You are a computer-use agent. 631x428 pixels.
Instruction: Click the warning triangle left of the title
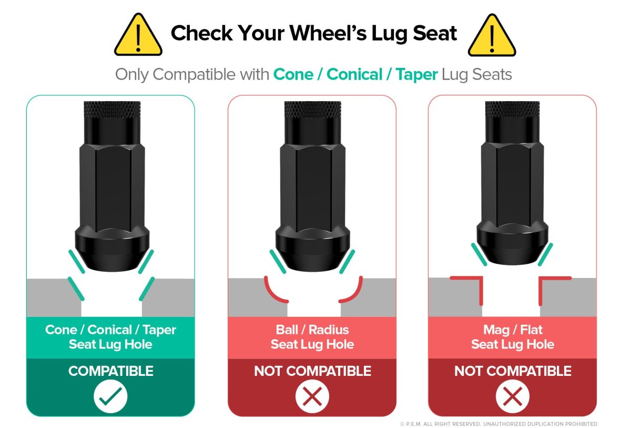(x=138, y=35)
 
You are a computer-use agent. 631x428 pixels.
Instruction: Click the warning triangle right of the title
(x=492, y=36)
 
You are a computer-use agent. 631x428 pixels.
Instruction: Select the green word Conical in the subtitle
(x=354, y=74)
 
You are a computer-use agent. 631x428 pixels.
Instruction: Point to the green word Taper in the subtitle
(x=416, y=75)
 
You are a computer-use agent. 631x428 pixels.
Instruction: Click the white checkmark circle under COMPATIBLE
(x=110, y=396)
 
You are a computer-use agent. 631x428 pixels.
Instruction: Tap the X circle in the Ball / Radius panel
(x=312, y=396)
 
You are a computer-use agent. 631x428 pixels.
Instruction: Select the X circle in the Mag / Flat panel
(x=512, y=396)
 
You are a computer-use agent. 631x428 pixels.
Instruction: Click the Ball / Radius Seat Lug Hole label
(x=312, y=337)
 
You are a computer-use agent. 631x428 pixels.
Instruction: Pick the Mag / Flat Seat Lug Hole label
(x=513, y=337)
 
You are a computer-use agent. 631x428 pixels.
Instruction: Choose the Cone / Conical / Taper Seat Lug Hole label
(x=110, y=337)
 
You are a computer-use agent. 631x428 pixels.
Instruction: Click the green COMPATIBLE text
(x=111, y=371)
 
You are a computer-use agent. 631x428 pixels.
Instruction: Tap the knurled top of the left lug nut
(x=112, y=109)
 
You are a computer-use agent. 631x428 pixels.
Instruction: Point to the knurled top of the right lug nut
(x=512, y=109)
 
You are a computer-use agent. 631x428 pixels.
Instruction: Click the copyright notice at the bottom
(x=498, y=424)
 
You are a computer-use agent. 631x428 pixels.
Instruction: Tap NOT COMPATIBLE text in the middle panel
(x=312, y=371)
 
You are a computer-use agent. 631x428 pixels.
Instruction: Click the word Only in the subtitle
(x=132, y=75)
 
